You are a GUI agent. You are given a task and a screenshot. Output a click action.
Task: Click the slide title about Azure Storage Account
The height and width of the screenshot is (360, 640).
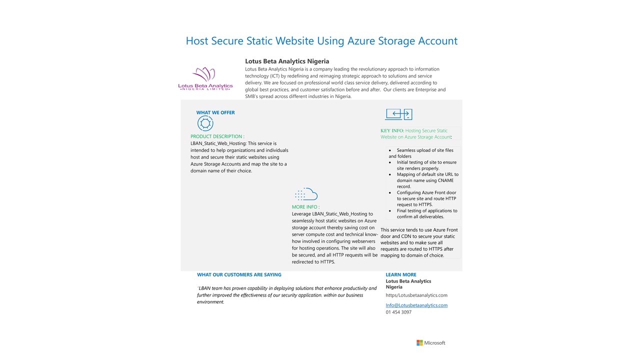pyautogui.click(x=321, y=41)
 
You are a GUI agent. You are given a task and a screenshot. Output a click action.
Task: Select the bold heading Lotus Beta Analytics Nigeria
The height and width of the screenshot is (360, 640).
pyautogui.click(x=287, y=61)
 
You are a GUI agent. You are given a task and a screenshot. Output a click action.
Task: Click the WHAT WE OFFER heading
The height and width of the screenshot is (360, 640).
pyautogui.click(x=215, y=112)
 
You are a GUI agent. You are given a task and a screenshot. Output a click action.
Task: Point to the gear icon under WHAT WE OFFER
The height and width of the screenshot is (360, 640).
pyautogui.click(x=205, y=123)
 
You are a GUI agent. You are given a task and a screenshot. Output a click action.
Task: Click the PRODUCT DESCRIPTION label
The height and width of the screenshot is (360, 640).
pyautogui.click(x=217, y=136)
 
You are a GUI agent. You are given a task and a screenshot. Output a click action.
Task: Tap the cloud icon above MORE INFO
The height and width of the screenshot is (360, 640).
pyautogui.click(x=306, y=194)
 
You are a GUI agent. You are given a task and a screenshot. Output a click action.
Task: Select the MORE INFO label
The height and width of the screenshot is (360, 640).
pyautogui.click(x=305, y=207)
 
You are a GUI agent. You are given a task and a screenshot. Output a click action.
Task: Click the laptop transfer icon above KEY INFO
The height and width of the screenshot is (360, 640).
pyautogui.click(x=398, y=114)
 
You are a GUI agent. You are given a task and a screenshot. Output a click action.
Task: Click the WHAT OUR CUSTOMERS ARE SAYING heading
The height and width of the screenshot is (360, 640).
pyautogui.click(x=239, y=274)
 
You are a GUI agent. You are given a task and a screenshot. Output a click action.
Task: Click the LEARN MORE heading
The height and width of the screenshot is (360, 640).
pyautogui.click(x=401, y=274)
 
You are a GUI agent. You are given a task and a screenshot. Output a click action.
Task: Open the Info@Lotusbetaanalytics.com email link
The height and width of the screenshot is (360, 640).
pyautogui.click(x=416, y=305)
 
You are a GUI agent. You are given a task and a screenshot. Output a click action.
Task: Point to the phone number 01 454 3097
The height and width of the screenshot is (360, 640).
pyautogui.click(x=398, y=312)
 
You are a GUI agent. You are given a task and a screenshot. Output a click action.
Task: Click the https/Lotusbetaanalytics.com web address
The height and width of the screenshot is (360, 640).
pyautogui.click(x=416, y=295)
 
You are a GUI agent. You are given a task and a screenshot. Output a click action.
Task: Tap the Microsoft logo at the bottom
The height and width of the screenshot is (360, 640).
pyautogui.click(x=430, y=343)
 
